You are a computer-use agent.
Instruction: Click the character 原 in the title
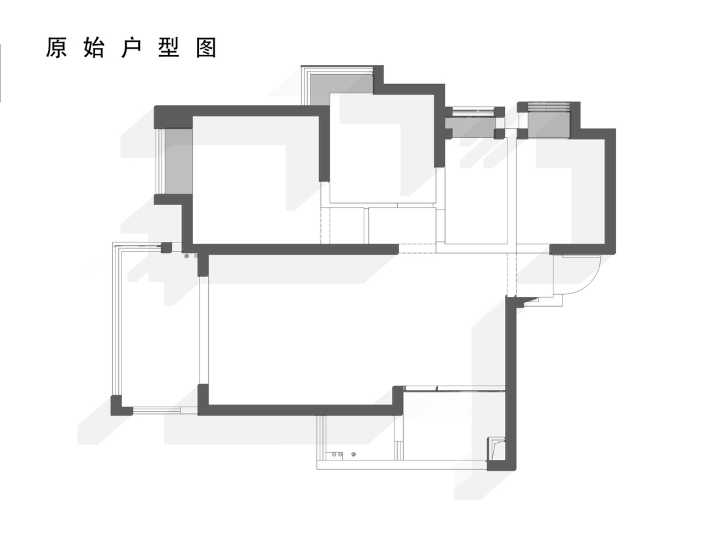coord(56,47)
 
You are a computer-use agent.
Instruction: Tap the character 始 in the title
coord(94,47)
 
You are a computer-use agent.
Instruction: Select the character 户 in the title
coord(131,47)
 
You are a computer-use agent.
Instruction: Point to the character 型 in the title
coord(169,47)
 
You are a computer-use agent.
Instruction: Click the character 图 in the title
coord(207,47)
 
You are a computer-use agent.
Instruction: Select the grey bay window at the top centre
coord(341,88)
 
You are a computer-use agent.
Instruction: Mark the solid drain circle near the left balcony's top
coord(186,257)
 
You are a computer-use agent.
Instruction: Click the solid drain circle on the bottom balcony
coord(354,454)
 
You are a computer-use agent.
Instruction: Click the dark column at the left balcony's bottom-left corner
coord(119,405)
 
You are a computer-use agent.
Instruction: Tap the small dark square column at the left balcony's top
coord(167,248)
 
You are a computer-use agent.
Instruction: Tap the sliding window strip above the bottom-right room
coord(454,388)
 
